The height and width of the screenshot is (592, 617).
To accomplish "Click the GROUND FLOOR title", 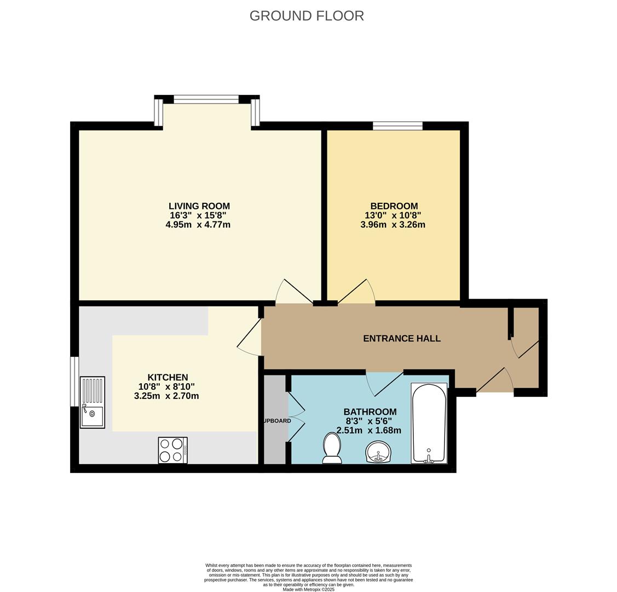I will (307, 16).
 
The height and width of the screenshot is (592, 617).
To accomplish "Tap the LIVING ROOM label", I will (199, 206).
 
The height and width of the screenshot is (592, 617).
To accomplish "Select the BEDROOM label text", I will (394, 206).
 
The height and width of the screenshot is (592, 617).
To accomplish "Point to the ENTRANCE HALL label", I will (402, 339).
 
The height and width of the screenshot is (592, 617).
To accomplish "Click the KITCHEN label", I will (168, 377).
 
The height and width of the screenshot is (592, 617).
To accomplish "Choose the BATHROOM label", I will (370, 412).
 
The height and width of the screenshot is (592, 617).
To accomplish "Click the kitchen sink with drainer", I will (92, 402).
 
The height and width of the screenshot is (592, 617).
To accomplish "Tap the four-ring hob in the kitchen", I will (172, 450).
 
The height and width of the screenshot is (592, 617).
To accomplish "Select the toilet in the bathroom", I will (332, 448).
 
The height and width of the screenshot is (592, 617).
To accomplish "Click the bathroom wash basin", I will (378, 453).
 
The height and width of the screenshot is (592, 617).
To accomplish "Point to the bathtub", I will (429, 423).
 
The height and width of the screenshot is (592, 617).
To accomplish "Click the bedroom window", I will (397, 126).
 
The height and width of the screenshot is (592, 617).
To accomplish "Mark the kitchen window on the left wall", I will (74, 382).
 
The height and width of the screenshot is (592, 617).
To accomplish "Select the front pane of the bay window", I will (206, 99).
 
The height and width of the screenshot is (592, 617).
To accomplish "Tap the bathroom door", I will (385, 383).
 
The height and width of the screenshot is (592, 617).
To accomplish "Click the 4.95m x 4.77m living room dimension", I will (198, 225).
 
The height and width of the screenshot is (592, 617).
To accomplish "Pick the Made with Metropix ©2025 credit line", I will (308, 589).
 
